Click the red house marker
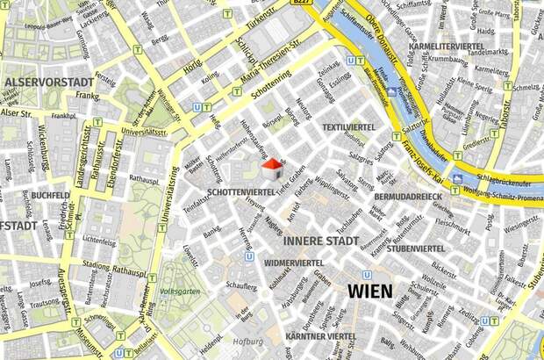[273, 165]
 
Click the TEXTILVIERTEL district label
[348, 127]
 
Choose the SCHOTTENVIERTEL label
[241, 191]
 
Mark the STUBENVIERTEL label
[415, 248]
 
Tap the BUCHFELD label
[49, 195]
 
